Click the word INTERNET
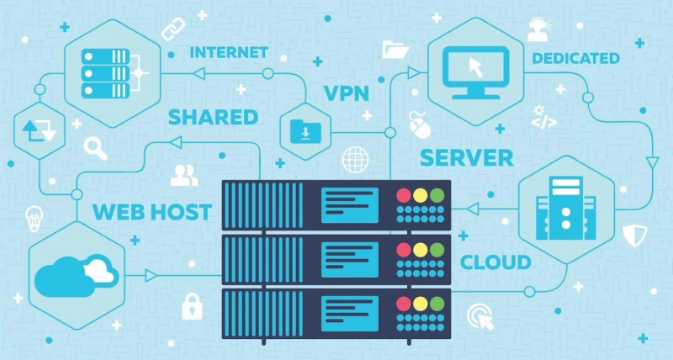click(228, 52)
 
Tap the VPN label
click(347, 93)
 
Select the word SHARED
click(213, 116)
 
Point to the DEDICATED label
click(575, 58)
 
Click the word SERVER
click(466, 156)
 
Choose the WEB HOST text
click(151, 209)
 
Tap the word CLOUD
click(495, 262)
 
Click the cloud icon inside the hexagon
click(74, 271)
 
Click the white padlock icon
click(193, 305)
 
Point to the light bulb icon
click(34, 215)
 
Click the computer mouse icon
click(417, 122)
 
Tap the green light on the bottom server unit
click(436, 304)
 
